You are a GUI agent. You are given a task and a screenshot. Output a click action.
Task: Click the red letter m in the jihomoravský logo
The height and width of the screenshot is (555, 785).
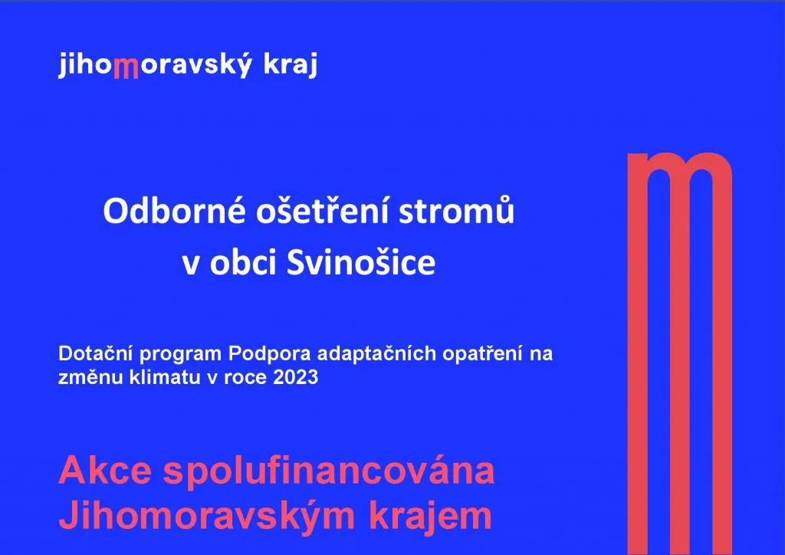126,67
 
